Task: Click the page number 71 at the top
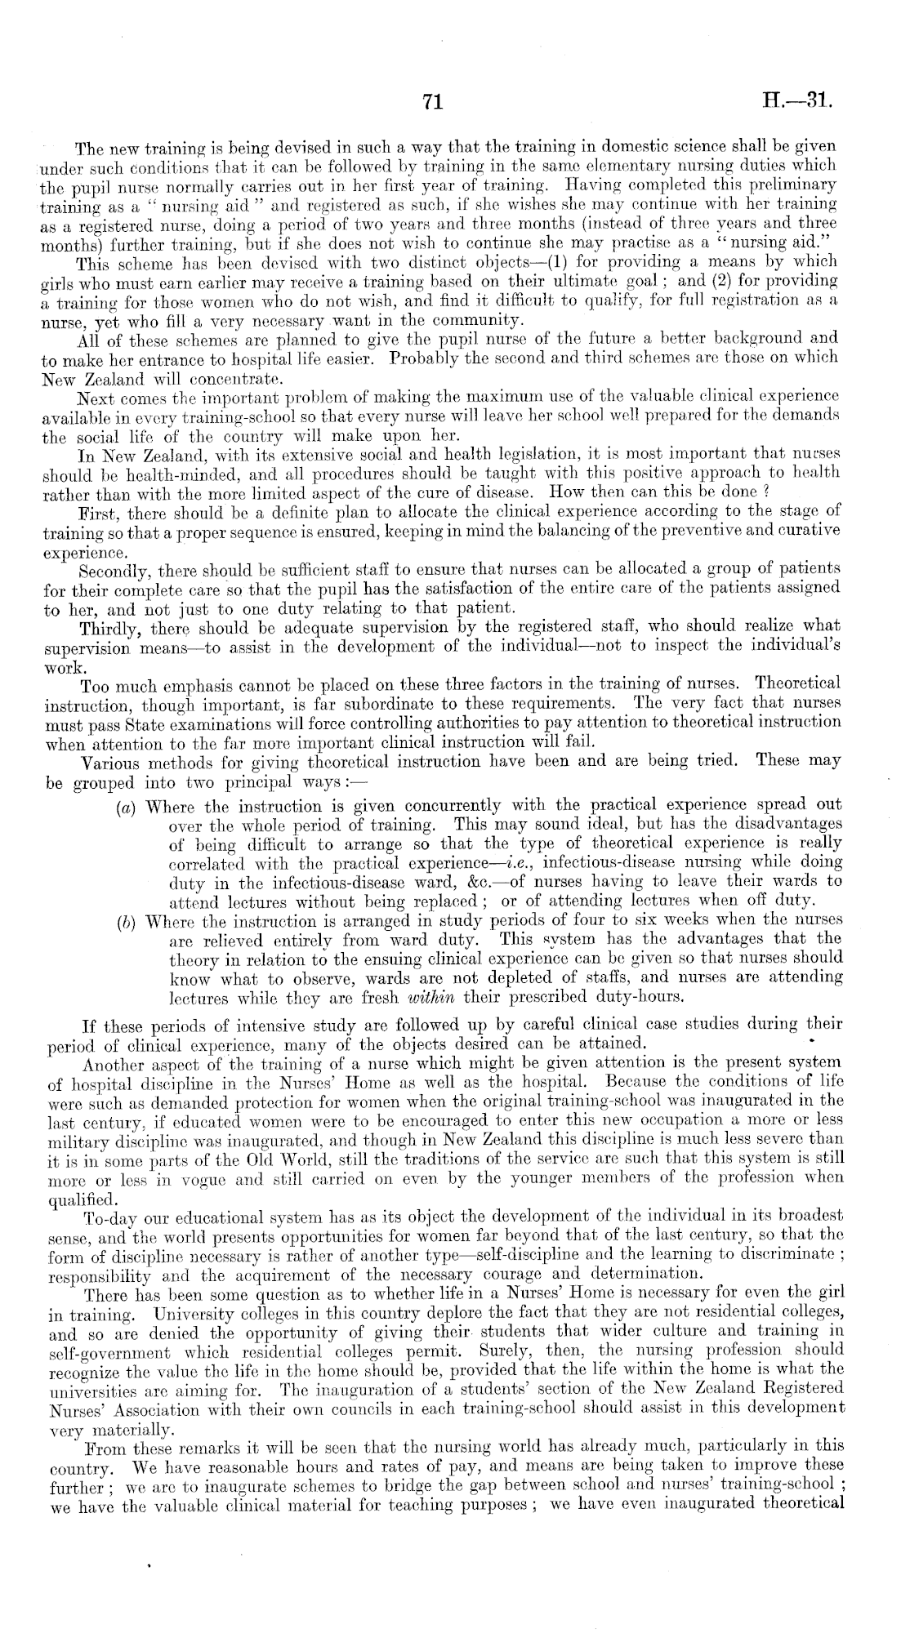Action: point(433,102)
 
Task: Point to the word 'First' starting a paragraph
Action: point(94,513)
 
